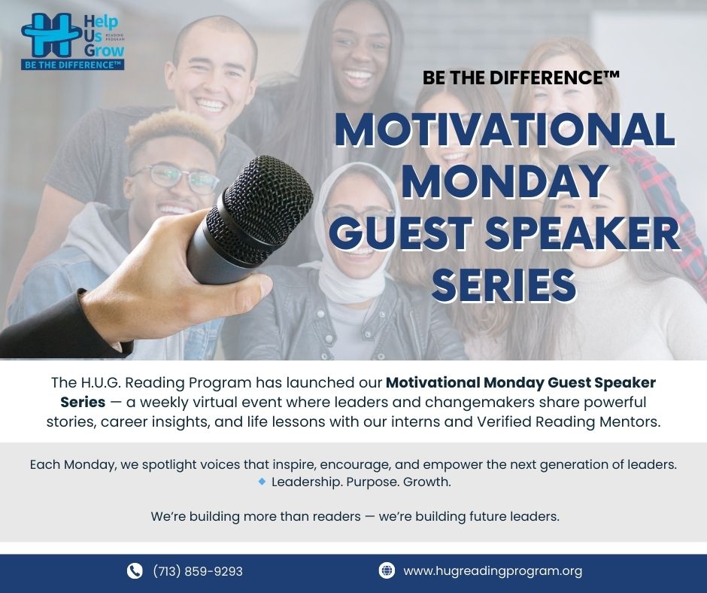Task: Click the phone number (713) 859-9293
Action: pyautogui.click(x=198, y=571)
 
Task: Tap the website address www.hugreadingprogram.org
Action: pyautogui.click(x=493, y=571)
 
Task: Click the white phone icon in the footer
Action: pyautogui.click(x=135, y=571)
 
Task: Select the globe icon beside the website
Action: pyautogui.click(x=387, y=570)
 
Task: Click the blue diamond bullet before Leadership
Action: pyautogui.click(x=262, y=482)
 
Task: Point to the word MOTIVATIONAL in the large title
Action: pyautogui.click(x=505, y=129)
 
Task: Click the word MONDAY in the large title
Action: pyautogui.click(x=505, y=181)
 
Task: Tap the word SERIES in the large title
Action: pyautogui.click(x=504, y=285)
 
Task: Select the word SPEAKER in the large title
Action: pyautogui.click(x=582, y=233)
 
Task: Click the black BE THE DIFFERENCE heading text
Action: pyautogui.click(x=520, y=78)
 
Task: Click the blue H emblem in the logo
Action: pyautogui.click(x=51, y=35)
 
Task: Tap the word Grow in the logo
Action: pyautogui.click(x=104, y=50)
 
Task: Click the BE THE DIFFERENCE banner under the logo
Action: pyautogui.click(x=73, y=65)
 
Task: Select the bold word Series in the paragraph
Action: pyautogui.click(x=83, y=402)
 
